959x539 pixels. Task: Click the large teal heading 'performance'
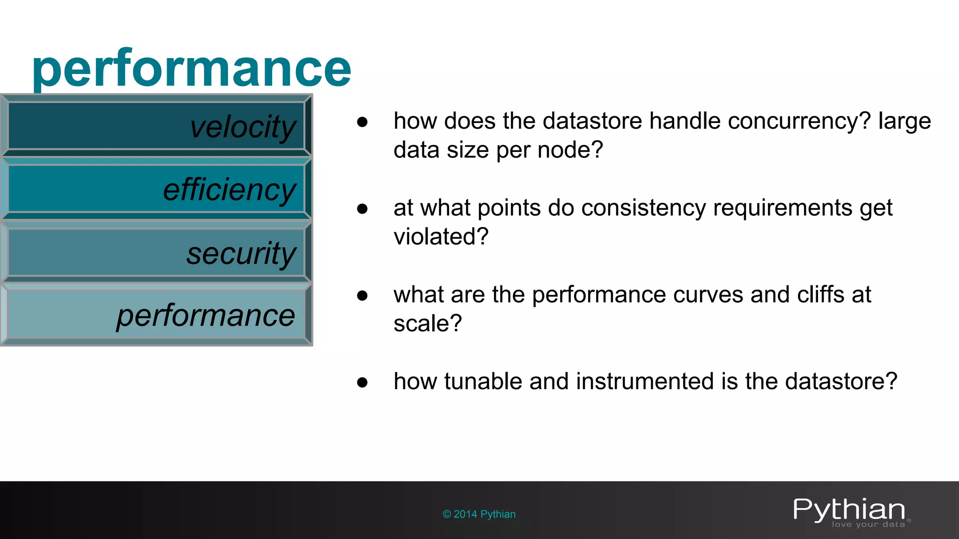(191, 69)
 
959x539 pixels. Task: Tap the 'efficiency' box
(156, 189)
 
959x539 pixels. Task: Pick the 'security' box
(156, 253)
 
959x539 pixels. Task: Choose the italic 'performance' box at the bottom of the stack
(156, 314)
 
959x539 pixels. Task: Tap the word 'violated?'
(441, 237)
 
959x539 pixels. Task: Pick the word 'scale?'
(428, 324)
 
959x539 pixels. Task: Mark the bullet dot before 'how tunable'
(362, 382)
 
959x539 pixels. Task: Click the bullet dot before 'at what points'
(362, 209)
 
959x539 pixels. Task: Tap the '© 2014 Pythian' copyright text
(479, 514)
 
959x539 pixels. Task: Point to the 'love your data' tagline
(868, 524)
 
